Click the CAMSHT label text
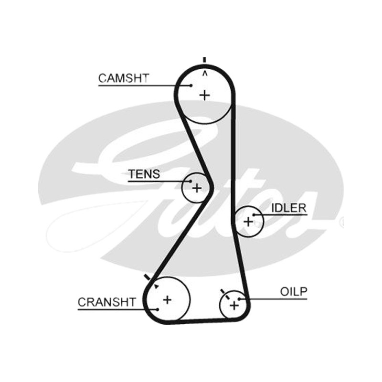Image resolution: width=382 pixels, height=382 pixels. pos(124,78)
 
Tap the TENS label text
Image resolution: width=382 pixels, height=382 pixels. pos(144,174)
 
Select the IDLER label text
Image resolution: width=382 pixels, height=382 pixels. pos(289,208)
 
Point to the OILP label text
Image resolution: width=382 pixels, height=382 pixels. pos(294,292)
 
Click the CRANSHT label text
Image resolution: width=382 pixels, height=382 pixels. pos(106,302)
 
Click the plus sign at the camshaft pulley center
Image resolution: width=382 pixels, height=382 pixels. pos(205,95)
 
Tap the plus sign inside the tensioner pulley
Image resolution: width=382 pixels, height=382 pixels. pos(197,188)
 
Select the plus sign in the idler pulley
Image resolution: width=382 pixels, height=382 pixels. pos(248,222)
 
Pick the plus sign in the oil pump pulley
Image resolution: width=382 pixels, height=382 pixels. pos(234,305)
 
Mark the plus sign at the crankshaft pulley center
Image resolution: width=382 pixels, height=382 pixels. pos(167,300)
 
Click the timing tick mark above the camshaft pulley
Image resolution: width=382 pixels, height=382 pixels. pos(205,60)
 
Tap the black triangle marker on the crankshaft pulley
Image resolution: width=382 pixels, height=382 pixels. pos(156,286)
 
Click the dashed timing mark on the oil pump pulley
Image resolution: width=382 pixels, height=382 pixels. pos(225,294)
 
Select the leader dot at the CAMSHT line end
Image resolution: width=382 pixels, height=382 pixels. pos(191,85)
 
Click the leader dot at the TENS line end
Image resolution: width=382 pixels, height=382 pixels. pos(191,181)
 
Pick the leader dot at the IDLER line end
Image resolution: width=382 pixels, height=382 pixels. pos(254,215)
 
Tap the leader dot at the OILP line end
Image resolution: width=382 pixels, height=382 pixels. pos(240,299)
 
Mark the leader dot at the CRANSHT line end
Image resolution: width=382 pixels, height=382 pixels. pos(158,309)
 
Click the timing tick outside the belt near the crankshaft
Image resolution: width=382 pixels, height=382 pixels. pos(147,277)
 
